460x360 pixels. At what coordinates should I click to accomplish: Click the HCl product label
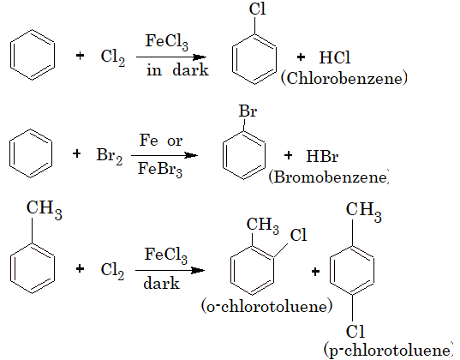pos(335,57)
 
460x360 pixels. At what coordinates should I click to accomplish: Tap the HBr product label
pos(322,156)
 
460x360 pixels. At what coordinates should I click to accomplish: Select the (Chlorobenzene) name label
pos(344,78)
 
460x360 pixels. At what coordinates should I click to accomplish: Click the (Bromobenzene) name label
pos(329,177)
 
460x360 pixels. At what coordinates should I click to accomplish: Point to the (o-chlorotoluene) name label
pos(266,306)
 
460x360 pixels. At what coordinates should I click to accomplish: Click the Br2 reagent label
pos(110,155)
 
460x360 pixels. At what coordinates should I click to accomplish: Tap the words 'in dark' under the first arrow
pos(177,70)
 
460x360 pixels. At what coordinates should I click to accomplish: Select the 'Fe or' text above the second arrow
pos(161,141)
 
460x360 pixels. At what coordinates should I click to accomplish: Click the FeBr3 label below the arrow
pos(160,170)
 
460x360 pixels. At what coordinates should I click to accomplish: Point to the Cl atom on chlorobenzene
pos(257,9)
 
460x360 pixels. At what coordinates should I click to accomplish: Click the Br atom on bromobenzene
pos(248,111)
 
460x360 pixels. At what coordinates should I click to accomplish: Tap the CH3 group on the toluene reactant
pos(45,209)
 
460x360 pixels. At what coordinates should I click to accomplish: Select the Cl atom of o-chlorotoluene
pos(298,235)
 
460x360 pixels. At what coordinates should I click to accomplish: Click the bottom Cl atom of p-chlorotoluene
pos(355,332)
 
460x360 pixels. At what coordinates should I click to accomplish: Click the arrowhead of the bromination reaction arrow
pos(192,155)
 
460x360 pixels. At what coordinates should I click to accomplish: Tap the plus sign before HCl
pos(301,57)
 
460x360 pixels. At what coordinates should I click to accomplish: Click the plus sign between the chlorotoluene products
pos(315,272)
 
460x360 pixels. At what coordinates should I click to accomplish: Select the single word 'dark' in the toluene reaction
pos(161,284)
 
